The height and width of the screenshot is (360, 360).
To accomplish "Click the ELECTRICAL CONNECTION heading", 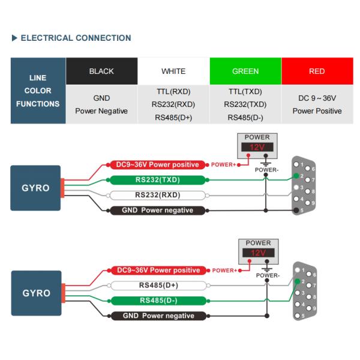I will tap(76, 38).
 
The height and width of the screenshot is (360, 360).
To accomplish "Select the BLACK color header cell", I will tap(101, 71).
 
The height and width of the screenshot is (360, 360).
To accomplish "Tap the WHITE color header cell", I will tap(173, 71).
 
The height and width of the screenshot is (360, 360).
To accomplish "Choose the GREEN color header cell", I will tap(245, 71).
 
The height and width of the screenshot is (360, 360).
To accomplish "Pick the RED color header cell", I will tap(317, 71).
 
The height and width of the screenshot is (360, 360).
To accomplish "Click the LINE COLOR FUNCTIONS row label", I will tap(37, 91).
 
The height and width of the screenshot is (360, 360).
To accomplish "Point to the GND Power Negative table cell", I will tap(101, 104).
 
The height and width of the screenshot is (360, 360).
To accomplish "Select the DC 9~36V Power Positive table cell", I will tap(317, 104).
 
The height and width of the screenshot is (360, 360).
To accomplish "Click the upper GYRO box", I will tap(35, 187).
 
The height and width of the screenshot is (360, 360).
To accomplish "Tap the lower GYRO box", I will tap(35, 293).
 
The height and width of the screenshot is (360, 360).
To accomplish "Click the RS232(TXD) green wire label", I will tap(157, 180).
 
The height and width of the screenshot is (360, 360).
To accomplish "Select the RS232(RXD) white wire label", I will tap(157, 195).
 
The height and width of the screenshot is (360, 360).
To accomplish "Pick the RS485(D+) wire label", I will tap(158, 286).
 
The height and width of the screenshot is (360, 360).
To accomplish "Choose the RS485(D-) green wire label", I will tap(158, 301).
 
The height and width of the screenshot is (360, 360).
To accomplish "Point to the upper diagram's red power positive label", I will tap(158, 164).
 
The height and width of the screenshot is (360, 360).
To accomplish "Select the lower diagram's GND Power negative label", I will tap(158, 316).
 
